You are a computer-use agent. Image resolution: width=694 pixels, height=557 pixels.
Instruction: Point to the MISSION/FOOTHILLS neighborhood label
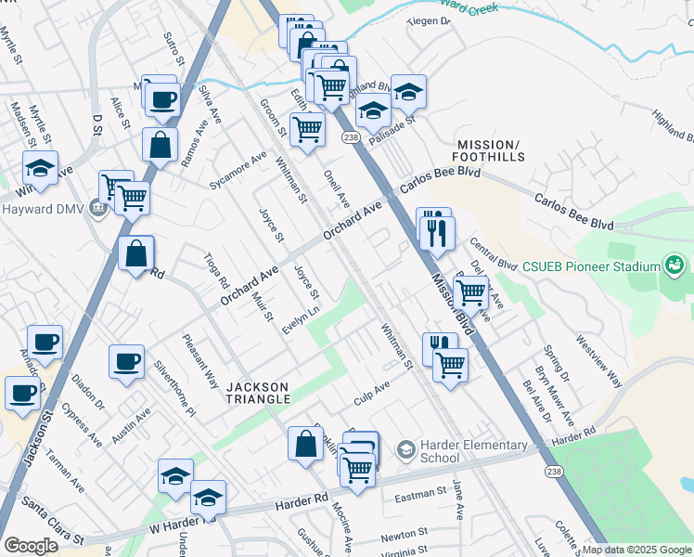[x=487, y=150]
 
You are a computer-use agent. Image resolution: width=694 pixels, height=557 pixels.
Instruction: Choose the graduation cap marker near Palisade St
[x=408, y=91]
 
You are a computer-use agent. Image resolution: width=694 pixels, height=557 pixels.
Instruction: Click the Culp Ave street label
[x=371, y=392]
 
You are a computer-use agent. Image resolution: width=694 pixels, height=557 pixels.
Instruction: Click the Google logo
[x=31, y=546]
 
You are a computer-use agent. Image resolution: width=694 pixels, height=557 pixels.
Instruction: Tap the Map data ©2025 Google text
[x=636, y=550]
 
